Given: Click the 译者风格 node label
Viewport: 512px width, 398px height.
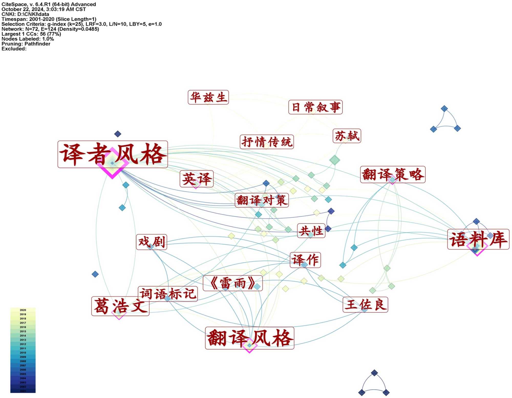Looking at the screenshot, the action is coord(113,154).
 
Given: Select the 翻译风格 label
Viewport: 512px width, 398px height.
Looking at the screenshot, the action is coord(250,338).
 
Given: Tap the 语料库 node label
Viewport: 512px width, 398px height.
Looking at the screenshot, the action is coord(478,239).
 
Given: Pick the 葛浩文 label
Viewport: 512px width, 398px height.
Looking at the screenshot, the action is coord(120,306).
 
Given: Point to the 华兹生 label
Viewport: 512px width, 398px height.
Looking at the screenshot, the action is coord(208,97).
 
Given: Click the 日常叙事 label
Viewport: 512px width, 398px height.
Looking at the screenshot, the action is coord(315,107).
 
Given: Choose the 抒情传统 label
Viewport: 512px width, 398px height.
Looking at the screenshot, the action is coord(267,142).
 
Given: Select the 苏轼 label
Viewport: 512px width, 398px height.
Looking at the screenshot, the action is coord(347,136).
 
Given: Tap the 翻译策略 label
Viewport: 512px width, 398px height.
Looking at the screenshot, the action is coord(393,175).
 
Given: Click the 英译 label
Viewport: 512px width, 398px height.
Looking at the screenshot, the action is coord(197,179).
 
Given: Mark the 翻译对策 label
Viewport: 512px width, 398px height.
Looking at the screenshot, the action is coord(262,200).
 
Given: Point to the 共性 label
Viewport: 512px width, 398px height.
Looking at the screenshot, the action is coord(311,231).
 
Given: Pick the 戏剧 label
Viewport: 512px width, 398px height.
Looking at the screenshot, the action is coord(152,242).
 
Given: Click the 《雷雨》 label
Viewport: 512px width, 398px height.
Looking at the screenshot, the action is coord(233,283).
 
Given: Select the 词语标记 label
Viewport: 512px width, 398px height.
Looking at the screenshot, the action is coord(168,294).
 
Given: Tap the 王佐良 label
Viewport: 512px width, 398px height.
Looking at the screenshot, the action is coord(365,305).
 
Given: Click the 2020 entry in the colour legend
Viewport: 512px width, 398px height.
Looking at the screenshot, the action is coord(23,310).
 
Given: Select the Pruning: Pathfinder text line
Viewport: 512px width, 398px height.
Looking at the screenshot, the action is coord(26,44).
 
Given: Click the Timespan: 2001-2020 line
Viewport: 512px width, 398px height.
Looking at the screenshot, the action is coord(49,19).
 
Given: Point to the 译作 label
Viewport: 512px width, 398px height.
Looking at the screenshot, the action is coord(305,260).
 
